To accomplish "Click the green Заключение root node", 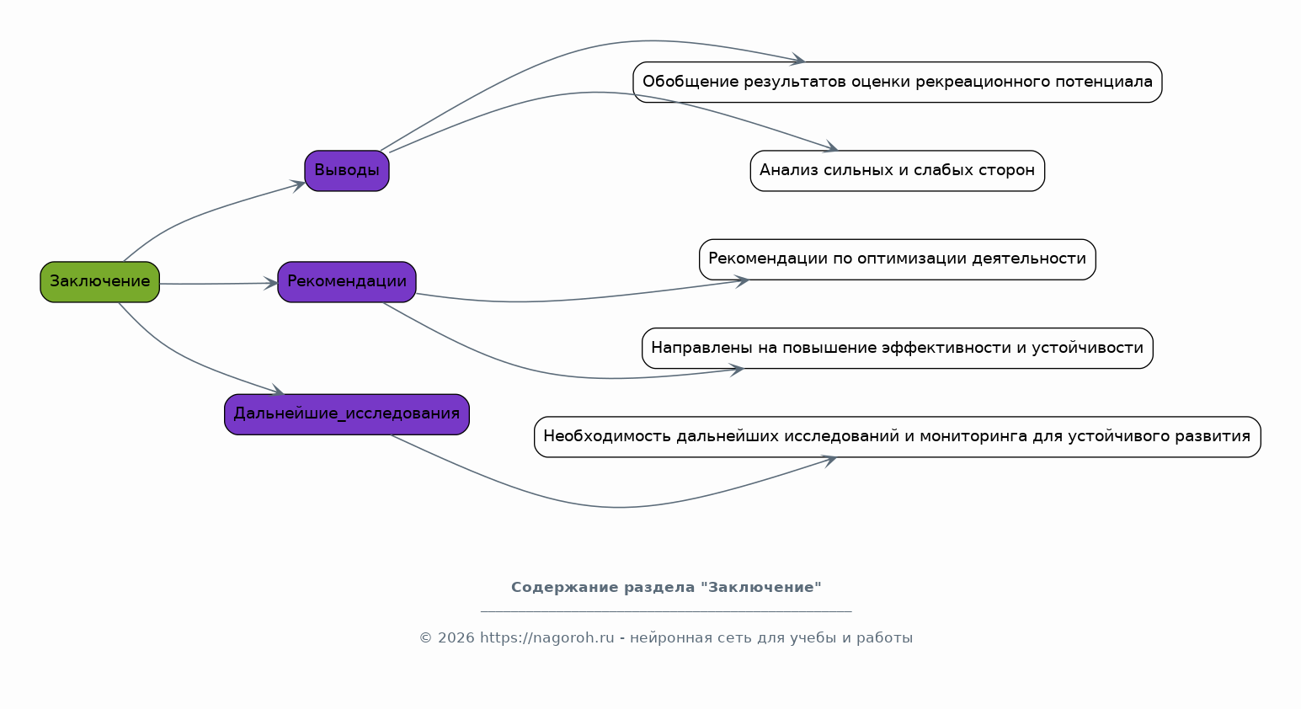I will (99, 282).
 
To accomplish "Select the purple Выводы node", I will (346, 171).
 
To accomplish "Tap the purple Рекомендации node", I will (346, 282).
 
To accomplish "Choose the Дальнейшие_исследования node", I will (346, 414).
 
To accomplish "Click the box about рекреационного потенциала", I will (897, 83).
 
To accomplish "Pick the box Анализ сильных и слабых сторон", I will (897, 171).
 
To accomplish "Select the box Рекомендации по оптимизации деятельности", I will (897, 259).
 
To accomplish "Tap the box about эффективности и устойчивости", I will (897, 349).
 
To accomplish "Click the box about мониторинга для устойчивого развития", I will (897, 437).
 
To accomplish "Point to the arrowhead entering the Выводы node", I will (299, 184).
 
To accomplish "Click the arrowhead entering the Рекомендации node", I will (271, 284).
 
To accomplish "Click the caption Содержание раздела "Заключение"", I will (666, 588).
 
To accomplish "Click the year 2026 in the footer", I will (456, 638).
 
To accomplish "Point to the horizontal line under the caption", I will (666, 610).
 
